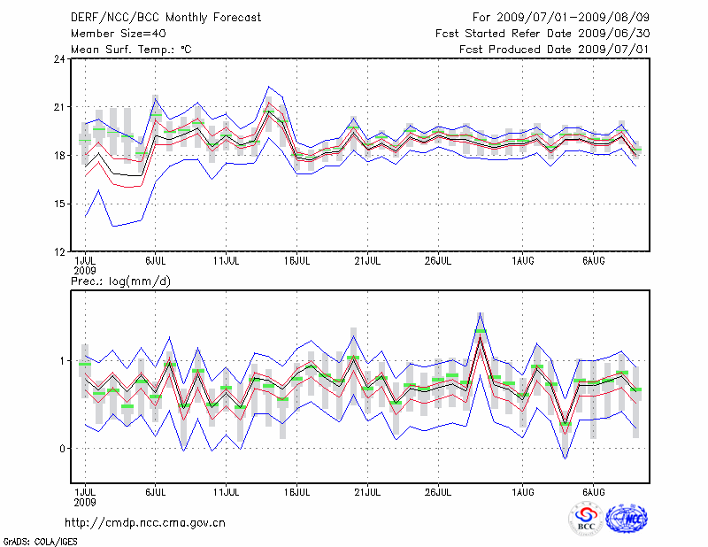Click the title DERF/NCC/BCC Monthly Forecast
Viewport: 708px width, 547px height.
(165, 17)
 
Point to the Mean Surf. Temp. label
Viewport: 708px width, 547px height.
(131, 50)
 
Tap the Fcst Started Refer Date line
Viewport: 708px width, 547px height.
(543, 34)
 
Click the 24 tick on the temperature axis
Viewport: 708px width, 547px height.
(59, 59)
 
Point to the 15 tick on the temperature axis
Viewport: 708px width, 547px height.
(59, 204)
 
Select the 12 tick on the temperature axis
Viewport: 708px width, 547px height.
(59, 252)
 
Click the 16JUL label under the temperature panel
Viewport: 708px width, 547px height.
(297, 262)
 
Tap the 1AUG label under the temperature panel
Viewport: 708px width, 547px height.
(523, 262)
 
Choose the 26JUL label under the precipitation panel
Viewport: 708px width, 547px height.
(439, 489)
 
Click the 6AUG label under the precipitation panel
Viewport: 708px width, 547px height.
(594, 489)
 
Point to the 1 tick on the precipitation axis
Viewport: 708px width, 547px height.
(63, 361)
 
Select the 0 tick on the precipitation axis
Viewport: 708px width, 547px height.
(63, 449)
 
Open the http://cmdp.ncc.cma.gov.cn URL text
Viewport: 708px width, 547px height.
(145, 522)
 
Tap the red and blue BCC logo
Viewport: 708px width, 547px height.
(586, 519)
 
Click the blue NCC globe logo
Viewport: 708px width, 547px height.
(626, 519)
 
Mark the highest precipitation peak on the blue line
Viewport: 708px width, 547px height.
(481, 312)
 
